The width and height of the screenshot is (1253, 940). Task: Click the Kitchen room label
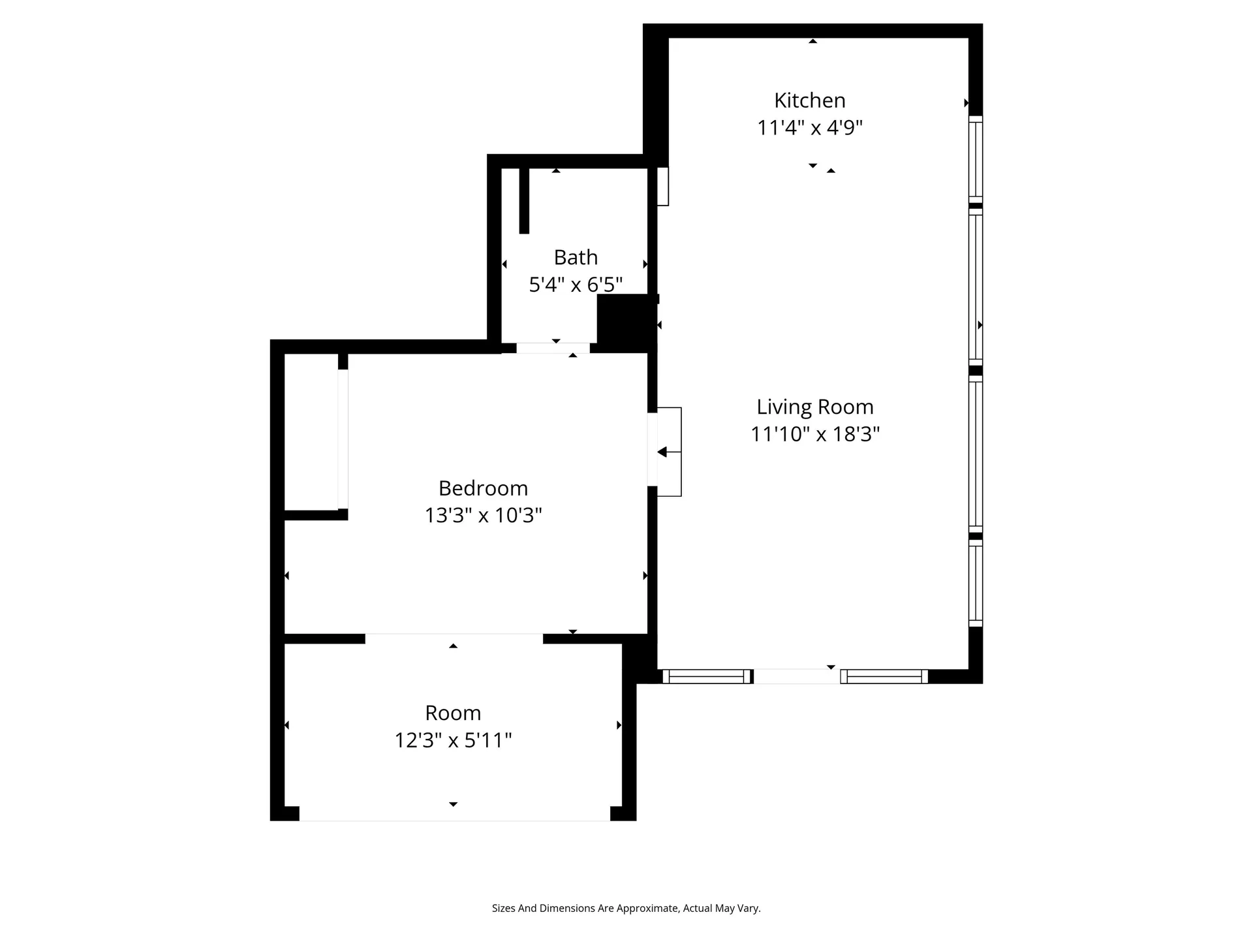click(x=809, y=101)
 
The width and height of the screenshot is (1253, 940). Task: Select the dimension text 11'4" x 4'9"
click(x=809, y=128)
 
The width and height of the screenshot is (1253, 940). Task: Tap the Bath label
click(x=576, y=258)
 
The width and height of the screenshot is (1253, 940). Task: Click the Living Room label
click(x=814, y=407)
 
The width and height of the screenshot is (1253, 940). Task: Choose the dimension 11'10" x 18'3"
click(x=814, y=435)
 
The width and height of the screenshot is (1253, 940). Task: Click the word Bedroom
click(x=483, y=488)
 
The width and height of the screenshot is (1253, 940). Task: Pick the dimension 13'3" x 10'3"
click(x=483, y=516)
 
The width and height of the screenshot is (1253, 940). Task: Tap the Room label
click(x=453, y=713)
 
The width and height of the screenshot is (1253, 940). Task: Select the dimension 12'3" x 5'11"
click(x=453, y=740)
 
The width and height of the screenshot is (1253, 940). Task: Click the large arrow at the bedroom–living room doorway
click(x=663, y=452)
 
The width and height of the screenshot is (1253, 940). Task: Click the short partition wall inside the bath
click(x=524, y=200)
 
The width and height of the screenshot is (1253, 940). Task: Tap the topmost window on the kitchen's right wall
click(x=975, y=159)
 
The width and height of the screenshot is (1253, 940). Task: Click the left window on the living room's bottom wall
click(x=707, y=677)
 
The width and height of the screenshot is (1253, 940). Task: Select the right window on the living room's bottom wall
click(x=884, y=677)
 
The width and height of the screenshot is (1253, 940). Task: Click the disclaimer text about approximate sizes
click(x=626, y=908)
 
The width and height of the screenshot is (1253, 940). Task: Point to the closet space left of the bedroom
click(x=311, y=432)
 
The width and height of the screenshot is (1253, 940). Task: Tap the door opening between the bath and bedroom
click(x=553, y=348)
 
